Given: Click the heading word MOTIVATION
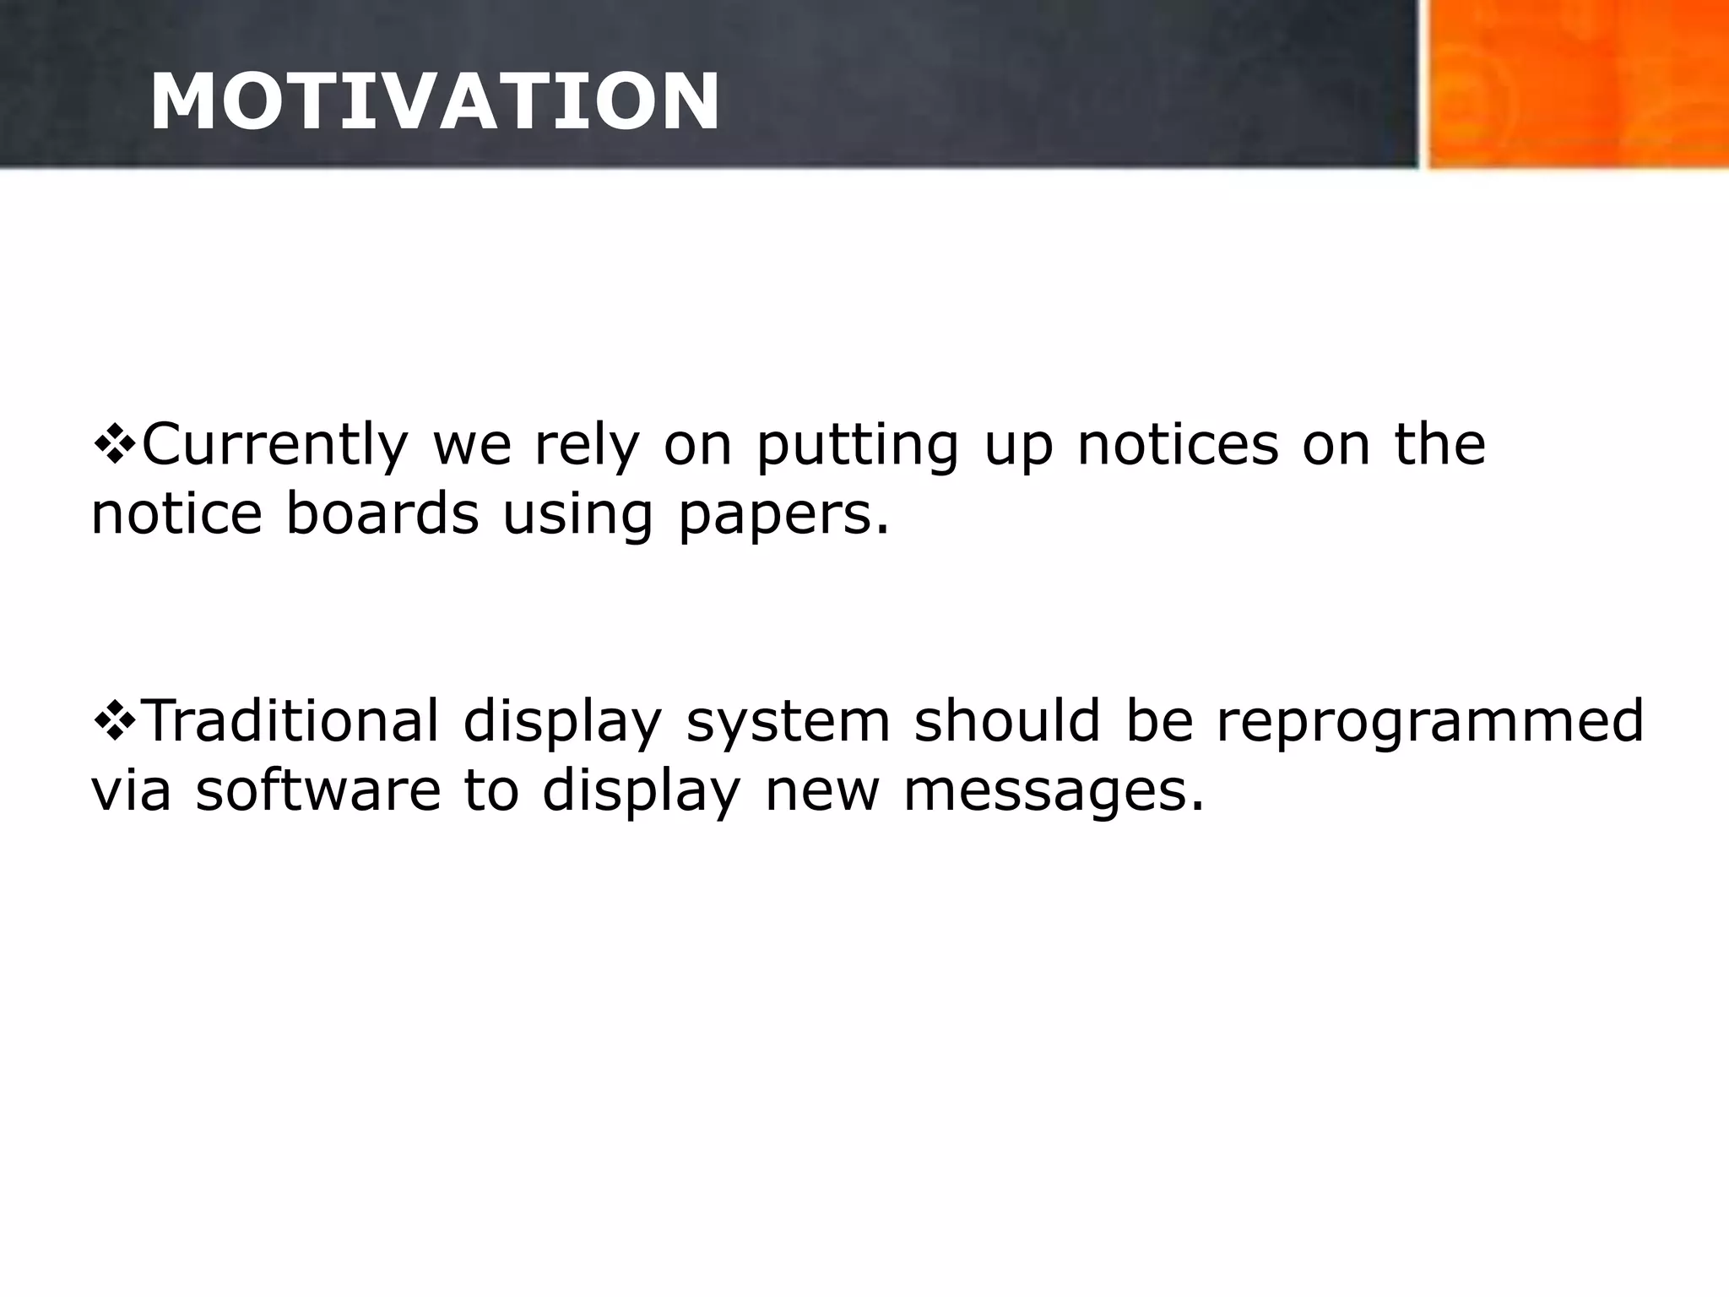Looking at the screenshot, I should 434,102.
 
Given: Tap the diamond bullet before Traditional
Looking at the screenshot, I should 113,720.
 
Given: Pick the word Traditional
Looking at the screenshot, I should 292,721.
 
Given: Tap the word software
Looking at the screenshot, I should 318,790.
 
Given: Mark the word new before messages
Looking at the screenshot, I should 821,792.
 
